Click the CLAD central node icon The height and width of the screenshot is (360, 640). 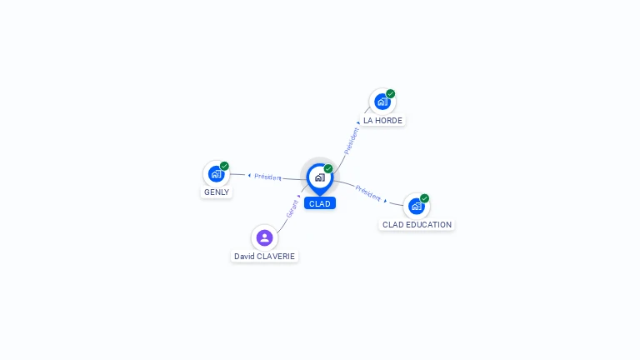319,177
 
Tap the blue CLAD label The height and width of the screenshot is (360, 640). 319,203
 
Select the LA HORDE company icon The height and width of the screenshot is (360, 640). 382,102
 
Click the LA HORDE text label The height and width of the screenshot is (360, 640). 382,121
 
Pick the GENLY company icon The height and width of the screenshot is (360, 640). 216,174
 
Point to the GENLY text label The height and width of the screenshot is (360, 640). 217,192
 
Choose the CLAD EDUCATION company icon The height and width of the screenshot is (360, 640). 416,207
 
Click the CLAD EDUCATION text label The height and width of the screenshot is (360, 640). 417,225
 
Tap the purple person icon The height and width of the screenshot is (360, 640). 264,237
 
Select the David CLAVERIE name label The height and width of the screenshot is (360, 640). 264,257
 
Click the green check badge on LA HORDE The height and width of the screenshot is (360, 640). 391,93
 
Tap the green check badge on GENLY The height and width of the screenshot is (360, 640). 224,166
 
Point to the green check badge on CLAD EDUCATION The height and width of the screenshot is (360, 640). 425,198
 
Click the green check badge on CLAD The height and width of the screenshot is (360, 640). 328,168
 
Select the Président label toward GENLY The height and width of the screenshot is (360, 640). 268,177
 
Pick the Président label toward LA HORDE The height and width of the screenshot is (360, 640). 352,140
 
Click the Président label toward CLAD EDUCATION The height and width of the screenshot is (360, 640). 367,192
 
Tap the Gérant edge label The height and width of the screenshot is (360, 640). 292,208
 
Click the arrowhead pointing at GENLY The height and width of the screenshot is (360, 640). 249,175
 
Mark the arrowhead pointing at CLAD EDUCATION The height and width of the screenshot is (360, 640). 385,201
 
